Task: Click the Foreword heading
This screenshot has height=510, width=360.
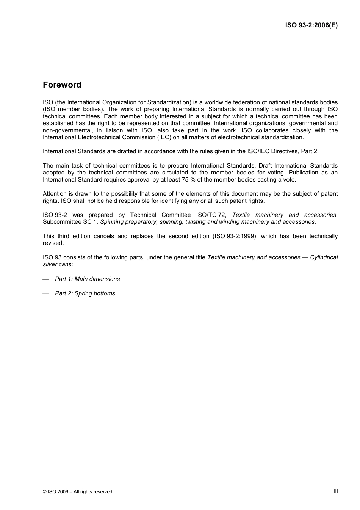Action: click(62, 85)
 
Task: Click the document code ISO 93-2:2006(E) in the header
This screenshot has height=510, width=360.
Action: click(311, 25)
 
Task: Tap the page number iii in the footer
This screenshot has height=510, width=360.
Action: click(336, 491)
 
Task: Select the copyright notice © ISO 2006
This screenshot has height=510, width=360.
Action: click(77, 492)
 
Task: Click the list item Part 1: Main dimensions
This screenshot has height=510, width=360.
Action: click(87, 279)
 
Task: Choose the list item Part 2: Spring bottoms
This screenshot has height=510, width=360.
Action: click(85, 293)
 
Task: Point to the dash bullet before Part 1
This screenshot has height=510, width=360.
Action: click(46, 279)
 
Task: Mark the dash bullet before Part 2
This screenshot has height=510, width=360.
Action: click(46, 294)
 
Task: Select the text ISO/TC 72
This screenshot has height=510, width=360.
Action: click(211, 215)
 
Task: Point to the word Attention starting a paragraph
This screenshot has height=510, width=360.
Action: click(55, 194)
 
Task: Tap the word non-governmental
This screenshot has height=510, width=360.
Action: click(67, 130)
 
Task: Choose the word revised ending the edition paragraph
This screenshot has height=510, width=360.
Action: click(53, 243)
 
